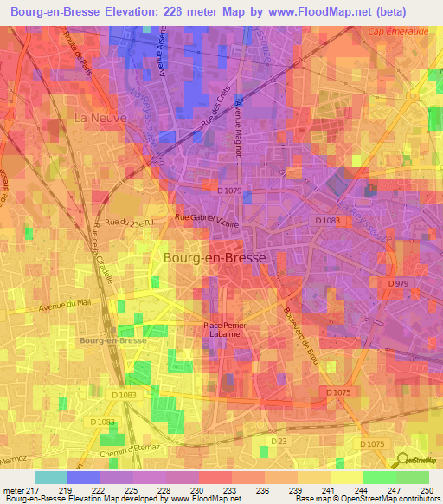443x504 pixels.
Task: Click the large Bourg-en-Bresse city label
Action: point(215,257)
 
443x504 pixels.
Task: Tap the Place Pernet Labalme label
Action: point(225,330)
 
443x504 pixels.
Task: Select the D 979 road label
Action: point(398,283)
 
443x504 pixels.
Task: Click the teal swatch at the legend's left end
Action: point(50,477)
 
